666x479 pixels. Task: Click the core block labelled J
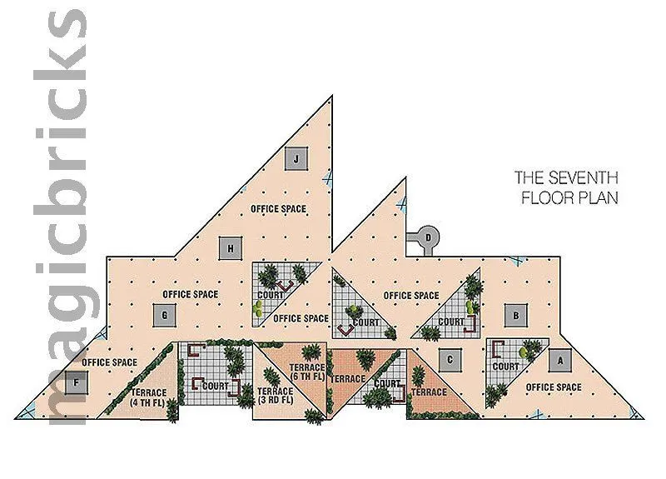[x=296, y=157]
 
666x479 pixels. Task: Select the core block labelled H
[x=229, y=247]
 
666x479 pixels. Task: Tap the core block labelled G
[x=164, y=315]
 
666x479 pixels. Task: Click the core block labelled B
[x=515, y=316]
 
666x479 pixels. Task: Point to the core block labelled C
[x=450, y=360]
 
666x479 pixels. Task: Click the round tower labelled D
[x=428, y=237]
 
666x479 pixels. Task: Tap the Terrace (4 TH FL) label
[x=149, y=397]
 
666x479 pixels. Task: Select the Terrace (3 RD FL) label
[x=276, y=397]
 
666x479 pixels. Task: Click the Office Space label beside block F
[x=109, y=362]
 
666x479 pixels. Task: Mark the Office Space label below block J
[x=279, y=209]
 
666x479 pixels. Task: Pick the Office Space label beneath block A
[x=554, y=387]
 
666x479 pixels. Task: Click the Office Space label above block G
[x=191, y=294]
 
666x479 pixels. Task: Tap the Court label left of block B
[x=451, y=322]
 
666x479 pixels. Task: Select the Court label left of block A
[x=505, y=367]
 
